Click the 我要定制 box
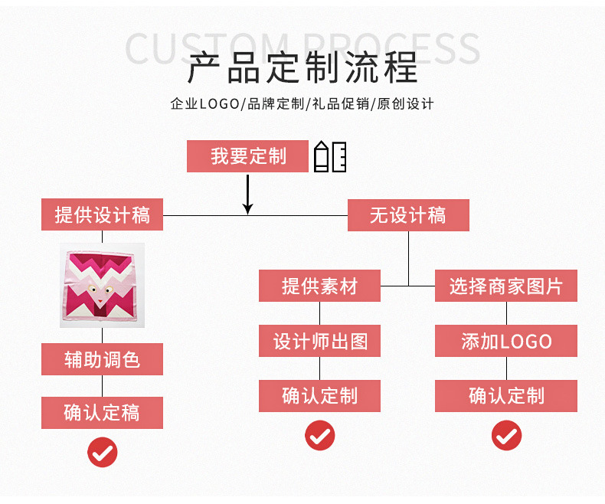coord(248,156)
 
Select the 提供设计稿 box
coord(102,215)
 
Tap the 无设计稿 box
coord(408,215)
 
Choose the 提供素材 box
coord(319,286)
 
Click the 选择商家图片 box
coord(505,286)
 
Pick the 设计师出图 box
coord(319,342)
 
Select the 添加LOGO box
coord(505,342)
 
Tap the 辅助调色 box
coord(102,359)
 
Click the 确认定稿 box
coord(102,413)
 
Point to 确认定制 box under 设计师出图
coord(319,396)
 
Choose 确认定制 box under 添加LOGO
coord(505,396)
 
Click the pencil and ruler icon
coord(330,156)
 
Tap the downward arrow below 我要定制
coord(247,195)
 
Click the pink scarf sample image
coord(102,286)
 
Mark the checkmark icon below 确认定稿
coord(102,452)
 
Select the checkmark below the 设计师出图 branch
coord(319,436)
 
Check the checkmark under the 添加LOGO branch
coord(505,436)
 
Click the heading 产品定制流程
coord(302,68)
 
